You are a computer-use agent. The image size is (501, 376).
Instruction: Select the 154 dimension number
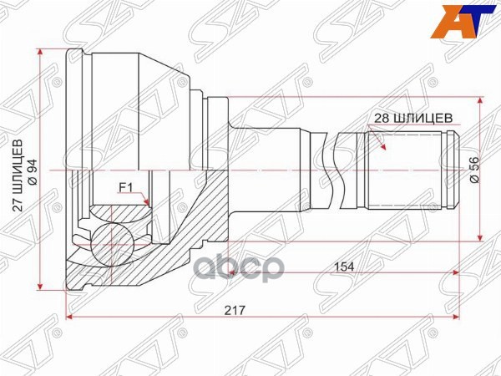343,266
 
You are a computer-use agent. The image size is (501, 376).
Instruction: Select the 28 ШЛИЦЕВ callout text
414,118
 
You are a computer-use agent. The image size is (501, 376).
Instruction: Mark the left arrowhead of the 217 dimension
70,318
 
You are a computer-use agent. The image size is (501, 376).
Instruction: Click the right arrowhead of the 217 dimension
457,318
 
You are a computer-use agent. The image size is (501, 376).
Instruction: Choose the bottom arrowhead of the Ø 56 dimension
481,236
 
